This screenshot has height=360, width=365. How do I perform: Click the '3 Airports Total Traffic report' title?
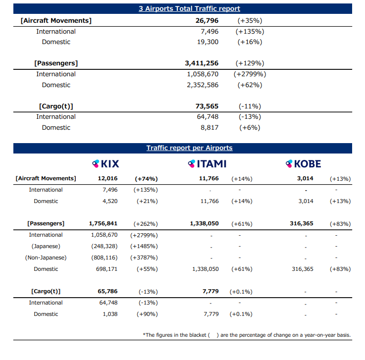189,8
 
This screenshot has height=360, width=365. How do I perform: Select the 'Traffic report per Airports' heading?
189,148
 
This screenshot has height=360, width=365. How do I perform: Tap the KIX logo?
105,164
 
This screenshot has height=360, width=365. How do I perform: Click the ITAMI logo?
207,164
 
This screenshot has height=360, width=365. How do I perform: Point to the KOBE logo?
303,164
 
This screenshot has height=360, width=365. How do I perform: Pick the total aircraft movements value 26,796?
207,21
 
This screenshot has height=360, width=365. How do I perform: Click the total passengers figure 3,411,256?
202,63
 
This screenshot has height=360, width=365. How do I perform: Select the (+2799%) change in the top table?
250,74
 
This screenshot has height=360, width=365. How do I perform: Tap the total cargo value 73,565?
207,106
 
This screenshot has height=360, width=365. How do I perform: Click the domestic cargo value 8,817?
209,128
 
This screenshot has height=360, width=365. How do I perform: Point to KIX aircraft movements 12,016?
107,178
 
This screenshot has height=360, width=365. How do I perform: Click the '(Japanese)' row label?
46,246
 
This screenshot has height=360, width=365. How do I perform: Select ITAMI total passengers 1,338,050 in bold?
205,224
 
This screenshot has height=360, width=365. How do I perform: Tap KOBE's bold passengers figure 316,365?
302,224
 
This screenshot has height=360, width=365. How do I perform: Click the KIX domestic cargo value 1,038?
110,314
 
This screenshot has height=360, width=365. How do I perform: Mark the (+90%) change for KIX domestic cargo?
147,314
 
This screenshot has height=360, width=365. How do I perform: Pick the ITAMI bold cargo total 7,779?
210,291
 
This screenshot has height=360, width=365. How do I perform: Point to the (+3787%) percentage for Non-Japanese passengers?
144,257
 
